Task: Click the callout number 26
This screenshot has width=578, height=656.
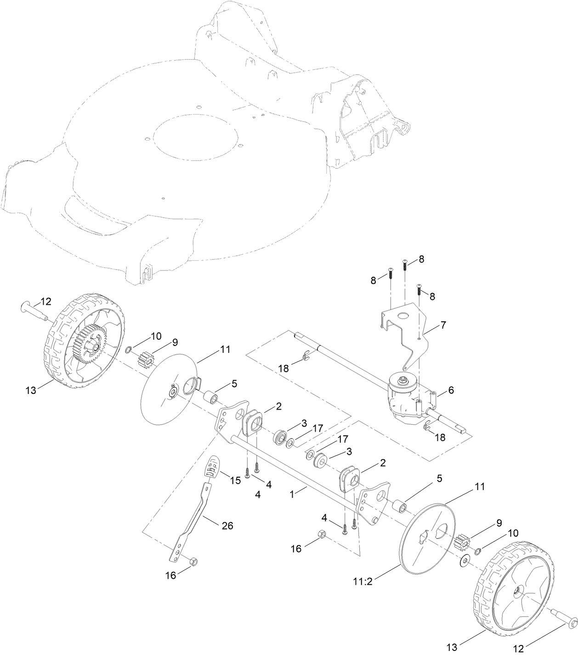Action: click(x=227, y=525)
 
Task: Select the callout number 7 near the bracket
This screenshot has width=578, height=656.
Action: click(x=443, y=325)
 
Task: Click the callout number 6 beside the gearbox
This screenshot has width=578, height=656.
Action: click(x=451, y=390)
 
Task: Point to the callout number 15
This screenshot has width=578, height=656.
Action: click(x=235, y=480)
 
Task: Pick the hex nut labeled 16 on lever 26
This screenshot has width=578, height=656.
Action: click(x=193, y=562)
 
